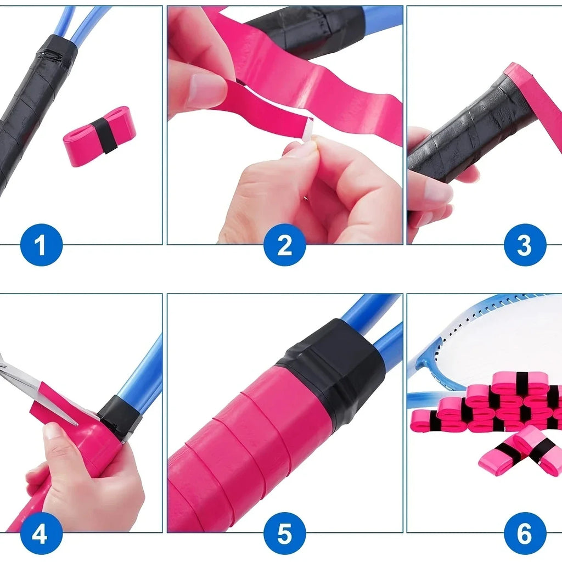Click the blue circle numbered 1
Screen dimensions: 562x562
pos(41,245)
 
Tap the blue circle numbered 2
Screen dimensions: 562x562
pos(284,245)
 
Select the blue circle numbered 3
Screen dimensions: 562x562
pos(524,245)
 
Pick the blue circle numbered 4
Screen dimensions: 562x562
pos(41,533)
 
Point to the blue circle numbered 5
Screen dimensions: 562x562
pos(284,533)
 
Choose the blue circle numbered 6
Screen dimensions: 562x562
pos(524,533)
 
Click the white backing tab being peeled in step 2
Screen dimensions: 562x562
pos(308,131)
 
